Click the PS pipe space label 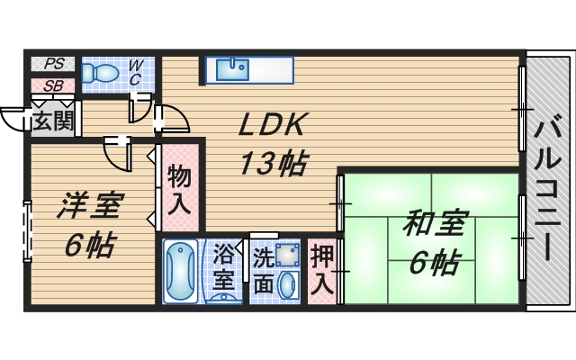point(54,64)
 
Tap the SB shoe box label point(54,86)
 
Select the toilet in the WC point(100,73)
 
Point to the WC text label point(136,72)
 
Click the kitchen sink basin point(232,70)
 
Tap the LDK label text point(272,124)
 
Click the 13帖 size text point(274,163)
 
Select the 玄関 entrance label point(54,121)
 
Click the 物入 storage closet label point(180,189)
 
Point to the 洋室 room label point(90,205)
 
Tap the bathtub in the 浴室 point(180,272)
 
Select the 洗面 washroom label point(264,270)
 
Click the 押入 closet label point(322,270)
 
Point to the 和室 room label point(435,223)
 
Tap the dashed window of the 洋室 point(28,230)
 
